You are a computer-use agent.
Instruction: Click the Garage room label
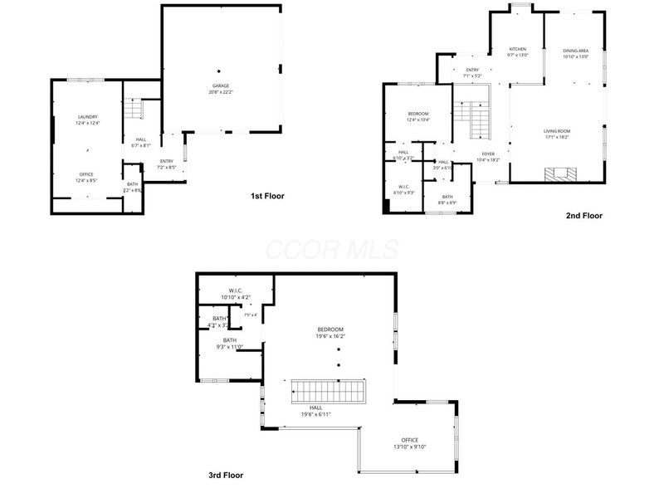[x=221, y=85]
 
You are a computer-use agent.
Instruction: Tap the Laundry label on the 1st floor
[x=88, y=116]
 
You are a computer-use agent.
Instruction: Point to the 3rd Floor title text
[x=227, y=476]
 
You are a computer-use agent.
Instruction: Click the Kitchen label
[x=518, y=49]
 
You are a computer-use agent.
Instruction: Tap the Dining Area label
[x=575, y=51]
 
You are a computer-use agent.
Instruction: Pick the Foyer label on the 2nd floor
[x=487, y=154]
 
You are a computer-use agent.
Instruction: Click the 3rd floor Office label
[x=410, y=440]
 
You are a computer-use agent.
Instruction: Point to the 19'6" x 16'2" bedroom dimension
[x=330, y=337]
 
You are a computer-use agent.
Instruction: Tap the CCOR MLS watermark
[x=332, y=249]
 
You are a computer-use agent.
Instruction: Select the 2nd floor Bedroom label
[x=417, y=114]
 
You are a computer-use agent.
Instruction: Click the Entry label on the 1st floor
[x=167, y=161]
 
